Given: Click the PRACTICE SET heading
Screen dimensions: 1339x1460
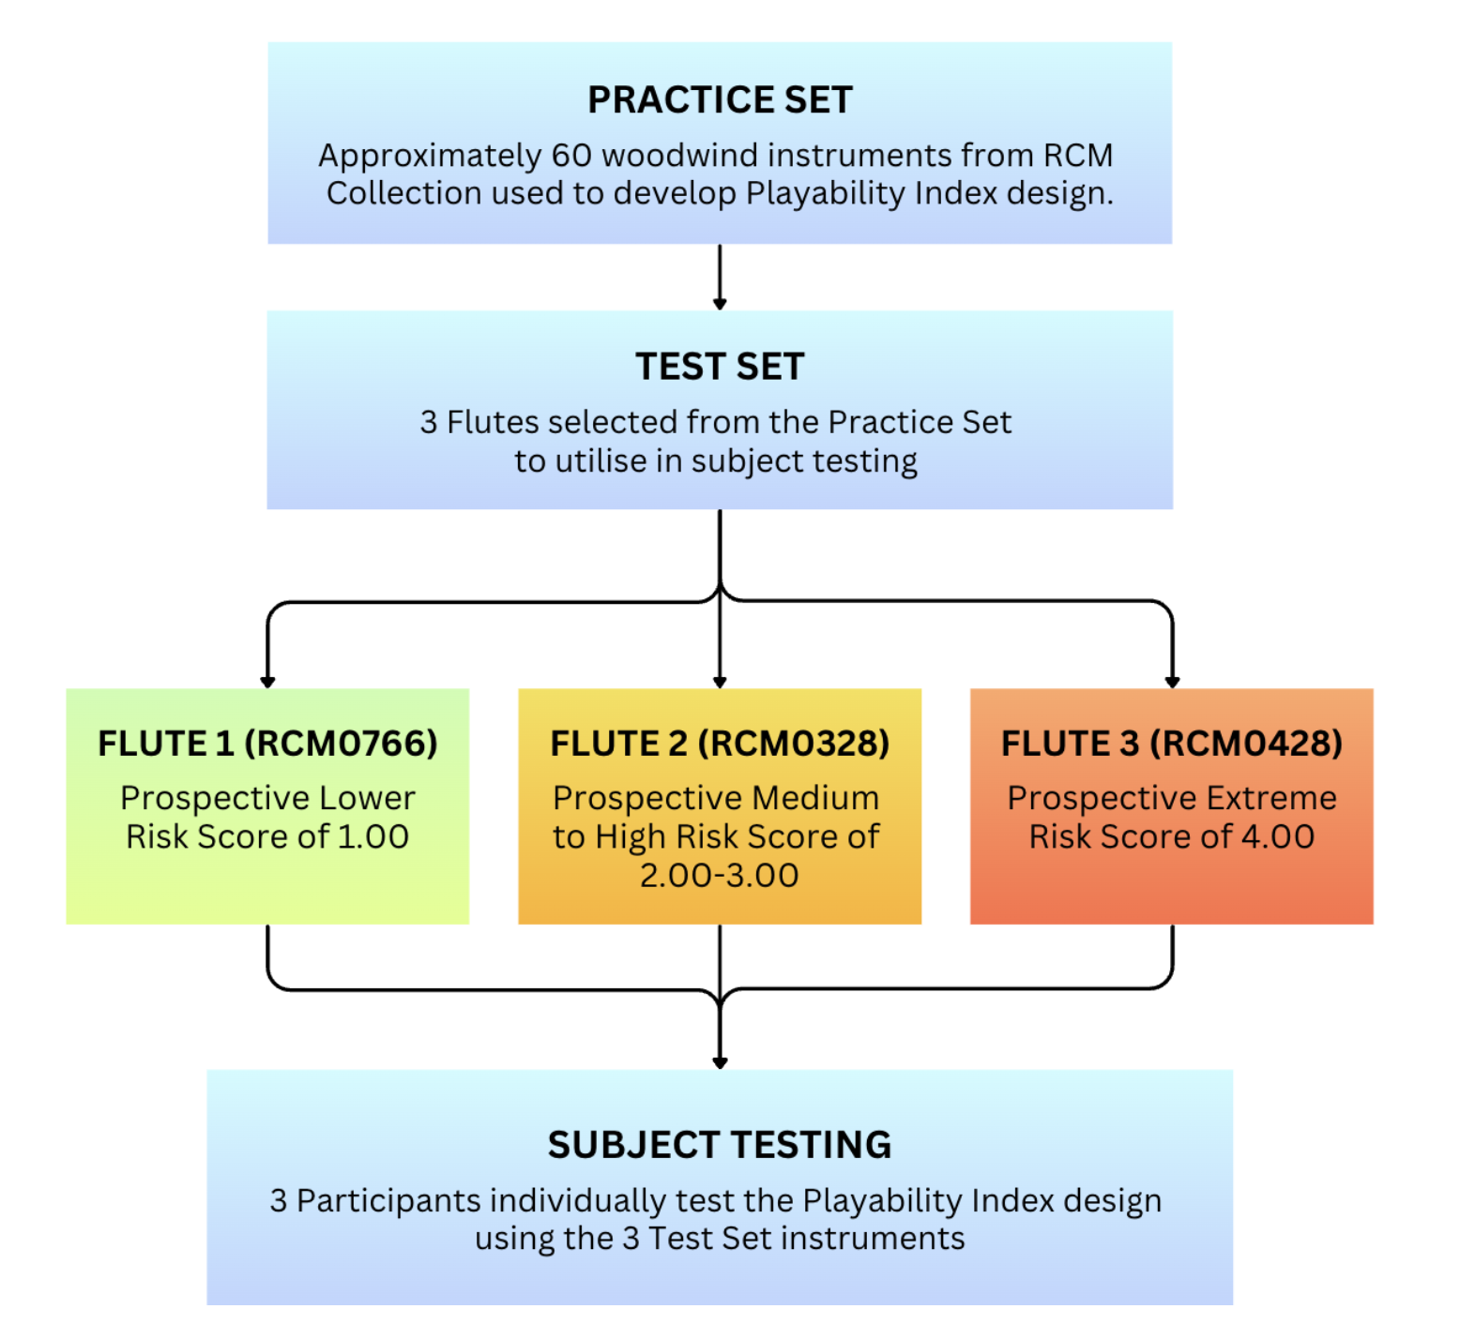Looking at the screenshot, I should pyautogui.click(x=720, y=99).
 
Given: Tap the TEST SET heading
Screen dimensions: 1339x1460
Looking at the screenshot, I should pyautogui.click(x=720, y=367).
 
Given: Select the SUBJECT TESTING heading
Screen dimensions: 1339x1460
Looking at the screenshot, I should pyautogui.click(x=720, y=1145).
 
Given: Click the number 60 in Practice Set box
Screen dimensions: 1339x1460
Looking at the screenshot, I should pyautogui.click(x=571, y=156).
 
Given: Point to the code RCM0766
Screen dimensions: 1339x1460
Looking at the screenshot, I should pyautogui.click(x=341, y=744).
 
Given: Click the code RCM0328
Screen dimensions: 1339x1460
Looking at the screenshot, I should pyautogui.click(x=794, y=744).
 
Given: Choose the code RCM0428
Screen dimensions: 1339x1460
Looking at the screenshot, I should pyautogui.click(x=1246, y=744).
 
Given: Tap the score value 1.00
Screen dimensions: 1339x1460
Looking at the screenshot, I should pyautogui.click(x=373, y=836).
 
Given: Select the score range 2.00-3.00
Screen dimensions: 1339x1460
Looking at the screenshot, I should pyautogui.click(x=720, y=875).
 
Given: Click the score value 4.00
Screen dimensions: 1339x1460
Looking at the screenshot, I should pyautogui.click(x=1278, y=836).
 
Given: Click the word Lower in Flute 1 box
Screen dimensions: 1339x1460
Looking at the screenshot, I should pyautogui.click(x=367, y=798).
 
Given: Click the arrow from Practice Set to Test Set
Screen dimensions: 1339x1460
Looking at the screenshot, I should pyautogui.click(x=720, y=278).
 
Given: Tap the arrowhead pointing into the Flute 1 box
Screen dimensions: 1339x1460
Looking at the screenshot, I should pyautogui.click(x=268, y=682).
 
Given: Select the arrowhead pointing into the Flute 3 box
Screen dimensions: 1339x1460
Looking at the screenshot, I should pyautogui.click(x=1172, y=682).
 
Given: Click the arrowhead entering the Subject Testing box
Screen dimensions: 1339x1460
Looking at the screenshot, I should pyautogui.click(x=720, y=1062).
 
